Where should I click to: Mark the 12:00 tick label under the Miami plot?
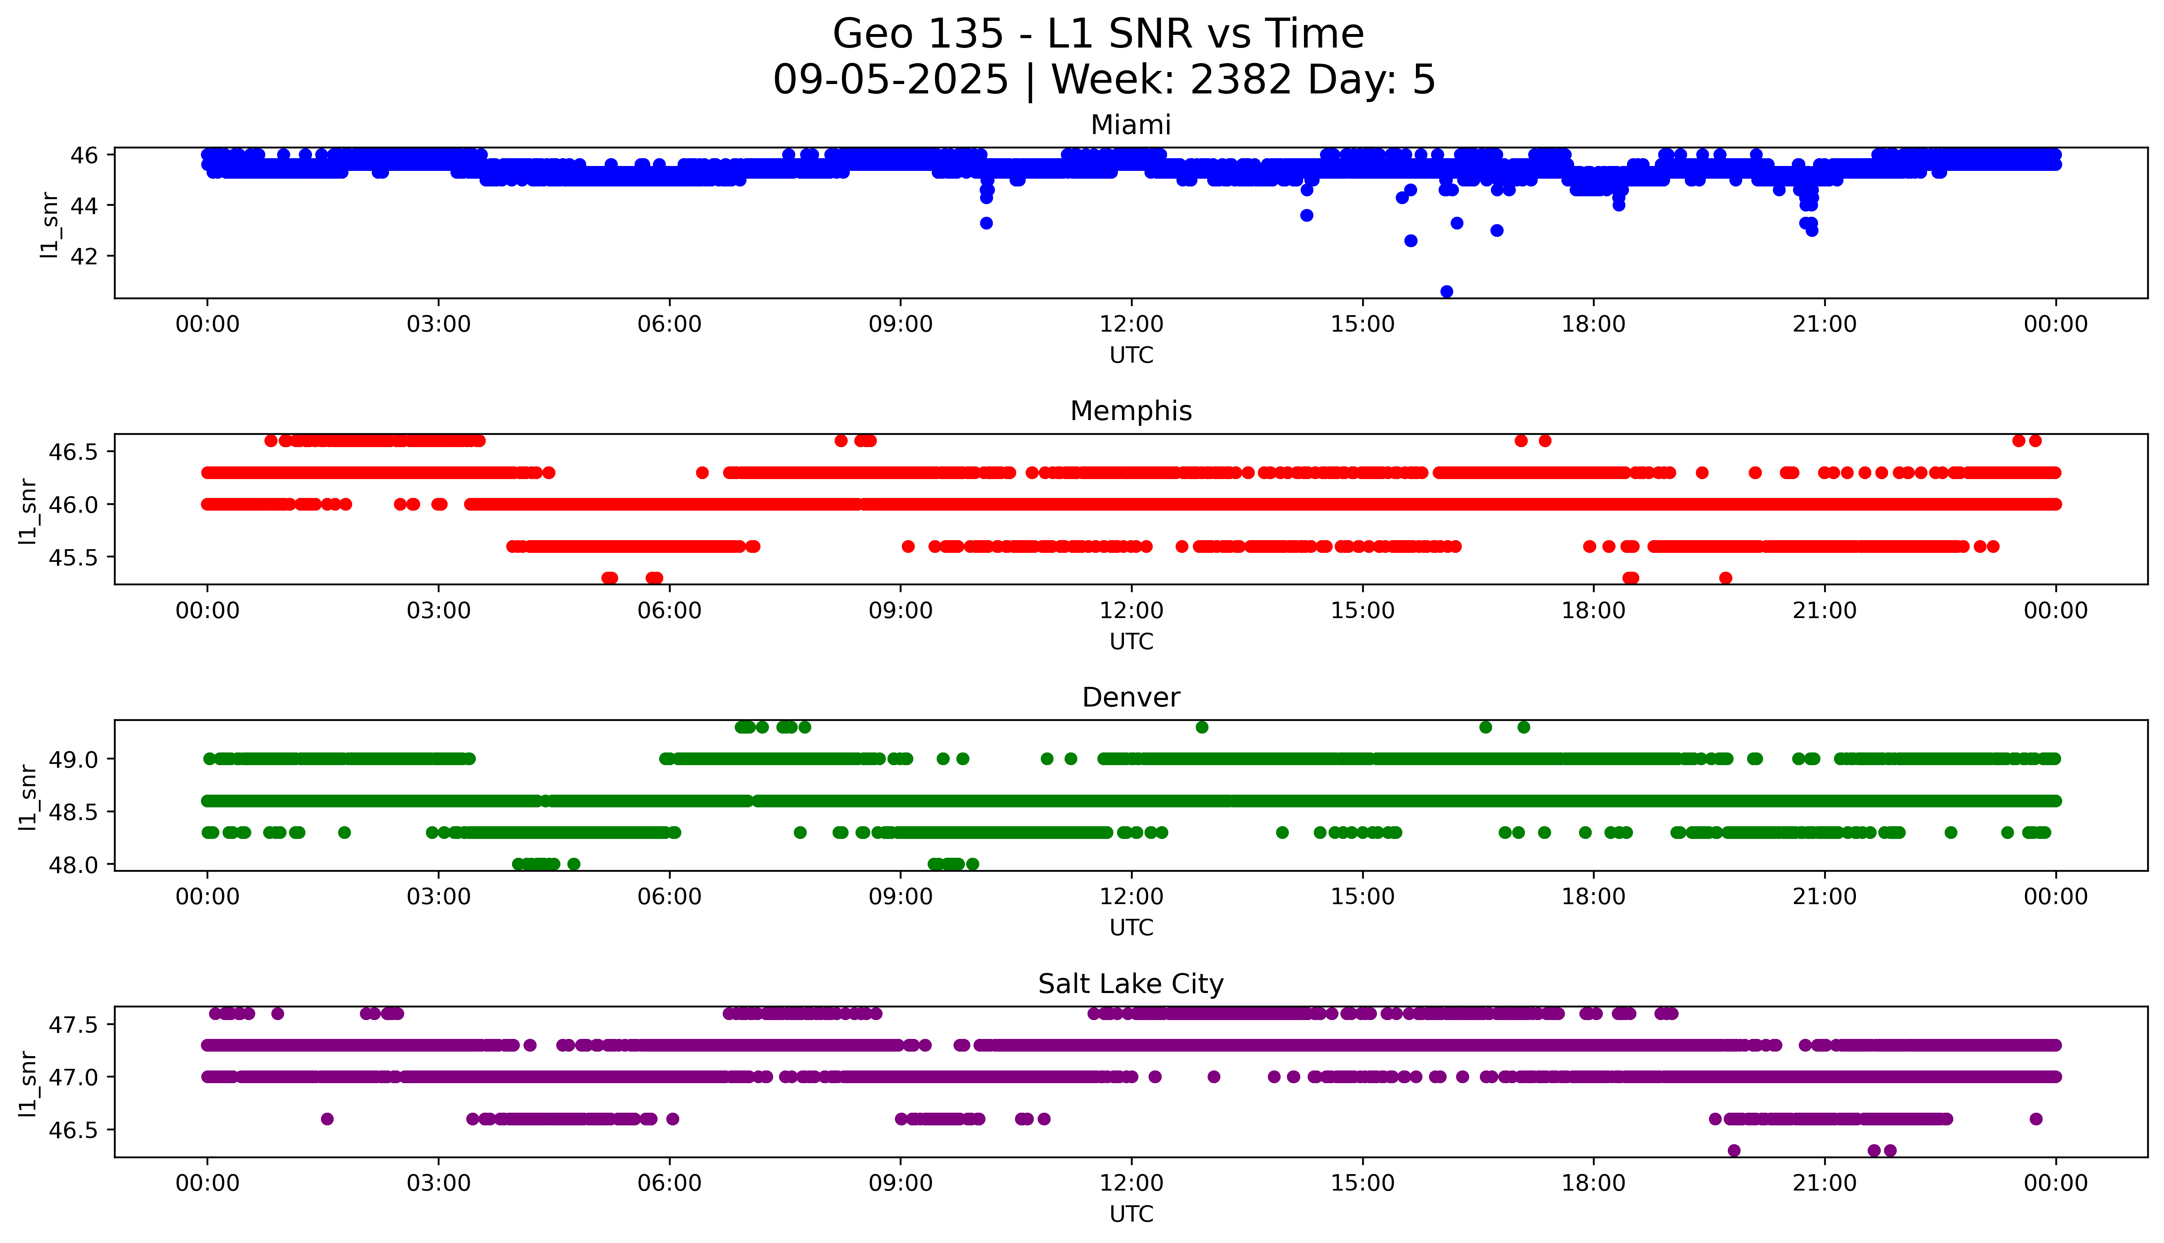(x=1131, y=325)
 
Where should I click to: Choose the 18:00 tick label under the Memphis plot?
(x=1593, y=610)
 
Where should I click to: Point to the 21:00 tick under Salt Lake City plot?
(x=1824, y=1183)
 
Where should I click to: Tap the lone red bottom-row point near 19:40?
(x=1725, y=578)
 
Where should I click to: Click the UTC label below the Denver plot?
(x=1131, y=927)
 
